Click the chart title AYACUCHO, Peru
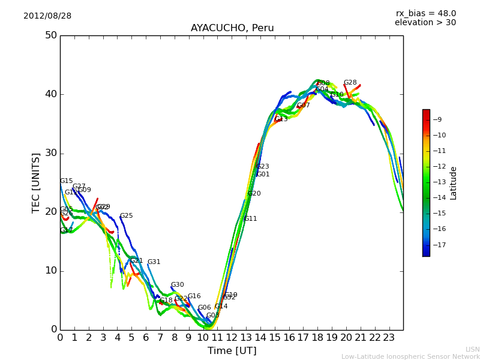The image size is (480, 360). [232, 28]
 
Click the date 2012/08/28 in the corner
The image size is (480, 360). [47, 16]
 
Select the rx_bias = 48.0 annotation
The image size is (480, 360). [425, 13]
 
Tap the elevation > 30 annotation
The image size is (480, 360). [425, 23]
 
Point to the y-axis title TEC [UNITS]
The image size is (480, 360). [36, 182]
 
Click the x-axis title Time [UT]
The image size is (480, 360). [232, 351]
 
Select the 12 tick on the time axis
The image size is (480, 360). [232, 338]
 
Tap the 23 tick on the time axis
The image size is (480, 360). [389, 338]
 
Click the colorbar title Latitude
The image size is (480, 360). [454, 183]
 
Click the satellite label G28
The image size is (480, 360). [350, 83]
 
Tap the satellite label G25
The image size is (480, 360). [127, 216]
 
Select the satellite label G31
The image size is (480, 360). [154, 262]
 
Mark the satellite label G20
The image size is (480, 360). [254, 194]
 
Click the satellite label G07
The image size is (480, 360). [304, 106]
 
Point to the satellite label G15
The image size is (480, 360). [67, 181]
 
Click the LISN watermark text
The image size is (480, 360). [473, 349]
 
